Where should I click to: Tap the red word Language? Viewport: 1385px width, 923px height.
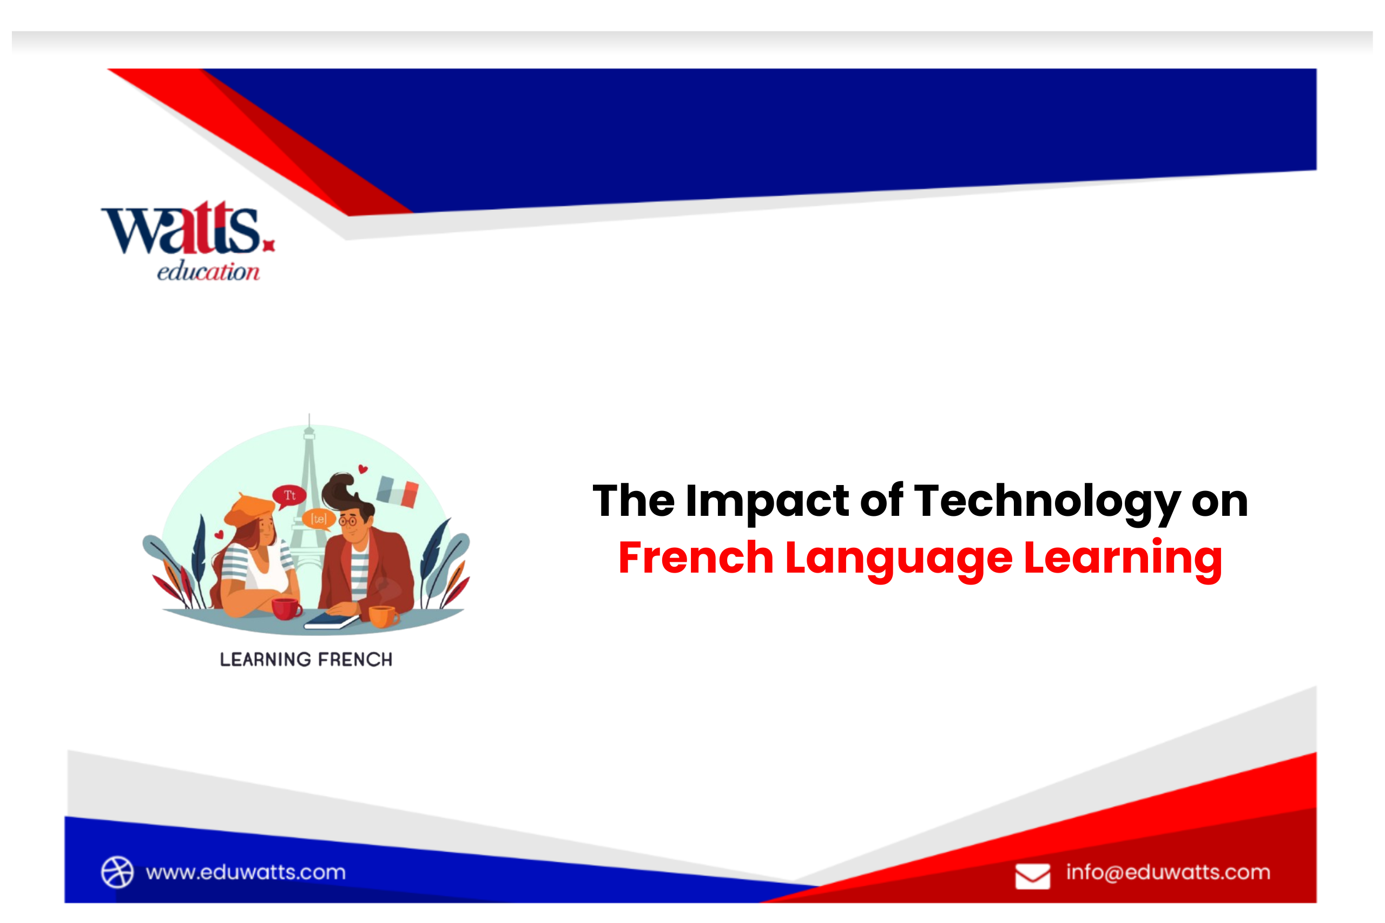[899, 558]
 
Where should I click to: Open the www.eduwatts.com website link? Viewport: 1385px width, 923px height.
[246, 872]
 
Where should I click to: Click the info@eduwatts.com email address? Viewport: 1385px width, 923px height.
[1168, 872]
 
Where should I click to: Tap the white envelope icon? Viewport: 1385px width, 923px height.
[1032, 876]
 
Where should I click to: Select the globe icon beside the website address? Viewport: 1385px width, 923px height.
[117, 872]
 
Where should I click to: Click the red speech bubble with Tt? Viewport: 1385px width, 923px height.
[289, 495]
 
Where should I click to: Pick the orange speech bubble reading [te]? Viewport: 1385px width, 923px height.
[319, 519]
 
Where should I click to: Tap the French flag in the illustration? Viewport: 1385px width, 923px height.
[398, 491]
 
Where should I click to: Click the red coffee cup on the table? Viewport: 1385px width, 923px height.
[286, 609]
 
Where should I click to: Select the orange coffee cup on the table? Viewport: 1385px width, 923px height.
[382, 616]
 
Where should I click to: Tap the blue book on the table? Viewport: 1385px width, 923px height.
[331, 620]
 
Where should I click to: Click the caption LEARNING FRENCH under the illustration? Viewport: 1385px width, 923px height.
[306, 660]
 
